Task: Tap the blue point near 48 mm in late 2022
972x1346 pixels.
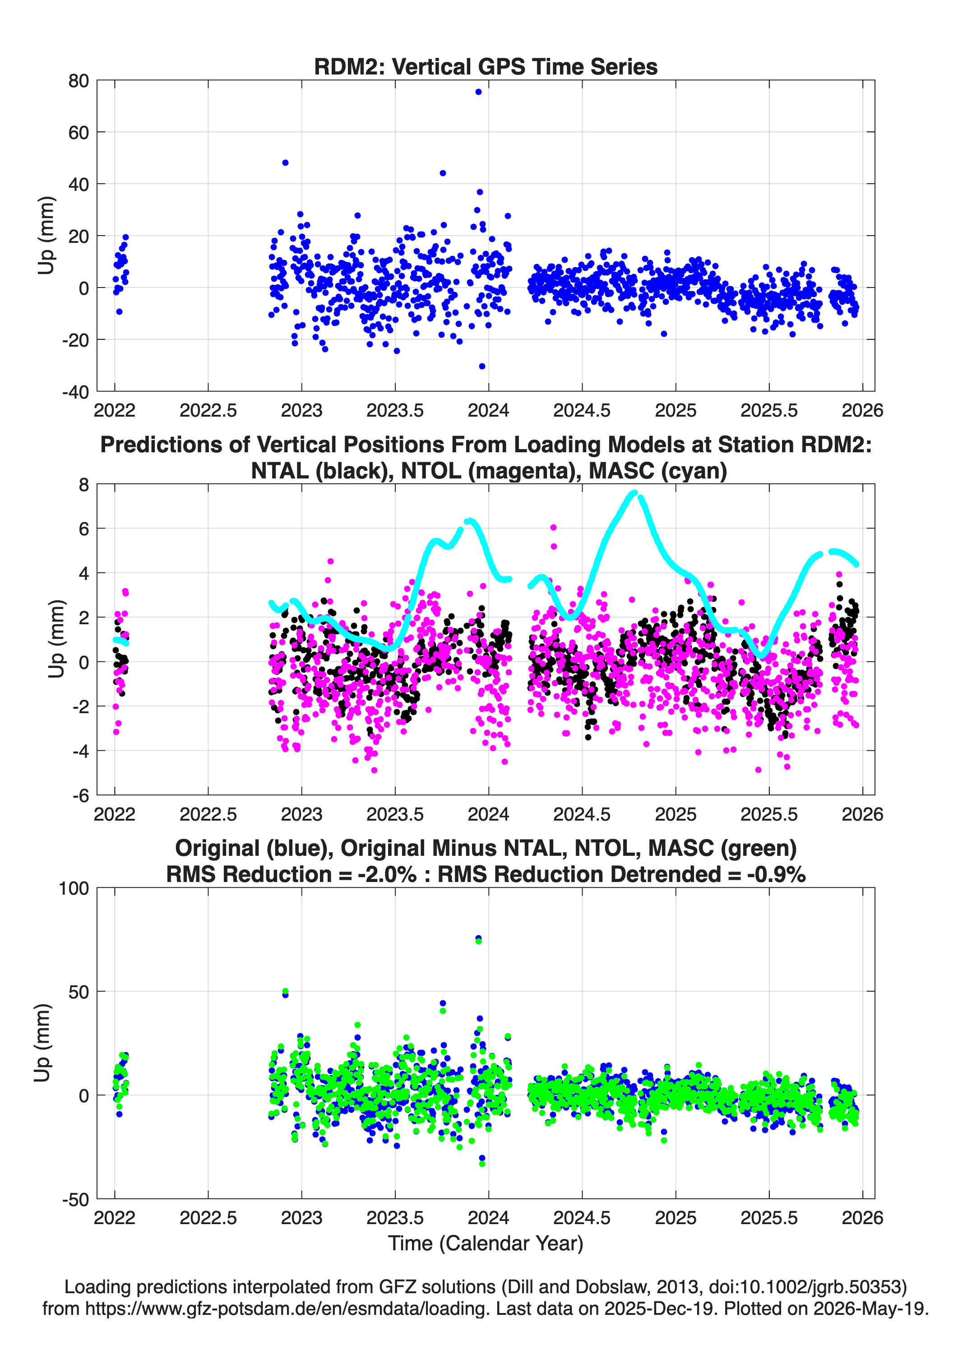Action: click(x=286, y=162)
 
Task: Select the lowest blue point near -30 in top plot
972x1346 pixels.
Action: click(x=482, y=366)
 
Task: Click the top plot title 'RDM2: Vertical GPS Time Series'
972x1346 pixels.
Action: click(x=486, y=66)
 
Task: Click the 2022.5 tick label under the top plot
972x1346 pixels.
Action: click(x=208, y=410)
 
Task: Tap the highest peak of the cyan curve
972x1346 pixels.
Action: click(x=634, y=492)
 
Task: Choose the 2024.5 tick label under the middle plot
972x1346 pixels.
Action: click(x=582, y=814)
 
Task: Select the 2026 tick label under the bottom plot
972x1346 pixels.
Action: click(x=862, y=1218)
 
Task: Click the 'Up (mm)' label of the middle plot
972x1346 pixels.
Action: click(x=56, y=639)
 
